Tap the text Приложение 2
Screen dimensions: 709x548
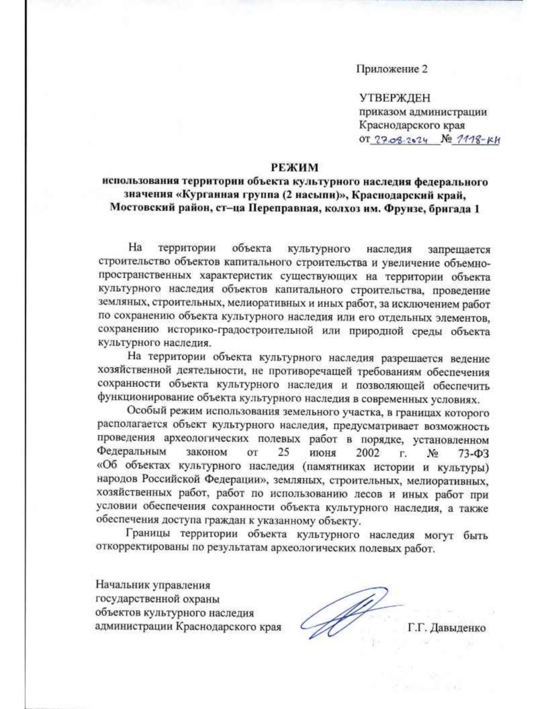(x=392, y=69)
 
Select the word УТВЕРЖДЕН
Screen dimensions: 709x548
(x=395, y=98)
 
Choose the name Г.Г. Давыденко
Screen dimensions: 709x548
(x=447, y=628)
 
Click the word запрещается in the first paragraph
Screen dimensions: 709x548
(x=458, y=250)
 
